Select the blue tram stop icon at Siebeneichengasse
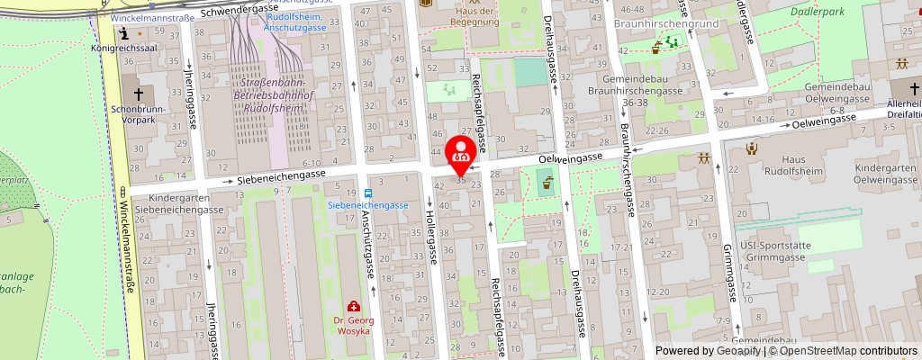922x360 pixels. point(368,193)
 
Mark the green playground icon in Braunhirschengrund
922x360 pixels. point(670,42)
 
